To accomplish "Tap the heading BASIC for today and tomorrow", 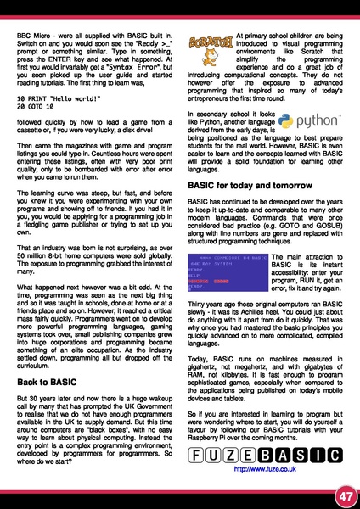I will click(245, 209).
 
